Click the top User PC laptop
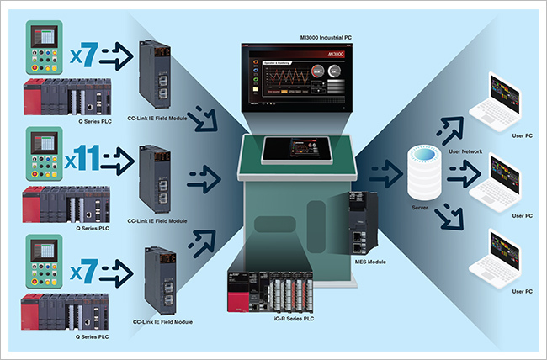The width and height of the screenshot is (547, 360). click(x=502, y=106)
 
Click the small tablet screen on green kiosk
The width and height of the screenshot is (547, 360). click(x=288, y=150)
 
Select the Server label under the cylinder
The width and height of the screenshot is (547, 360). click(x=422, y=206)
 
